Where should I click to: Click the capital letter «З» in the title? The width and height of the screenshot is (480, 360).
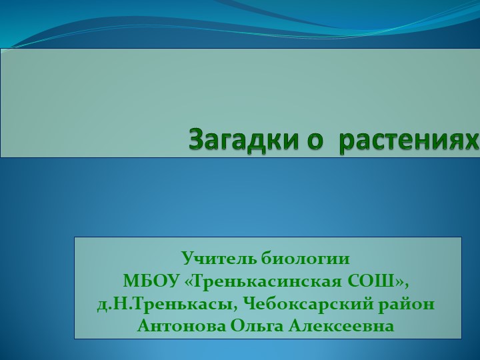[x=197, y=139]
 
